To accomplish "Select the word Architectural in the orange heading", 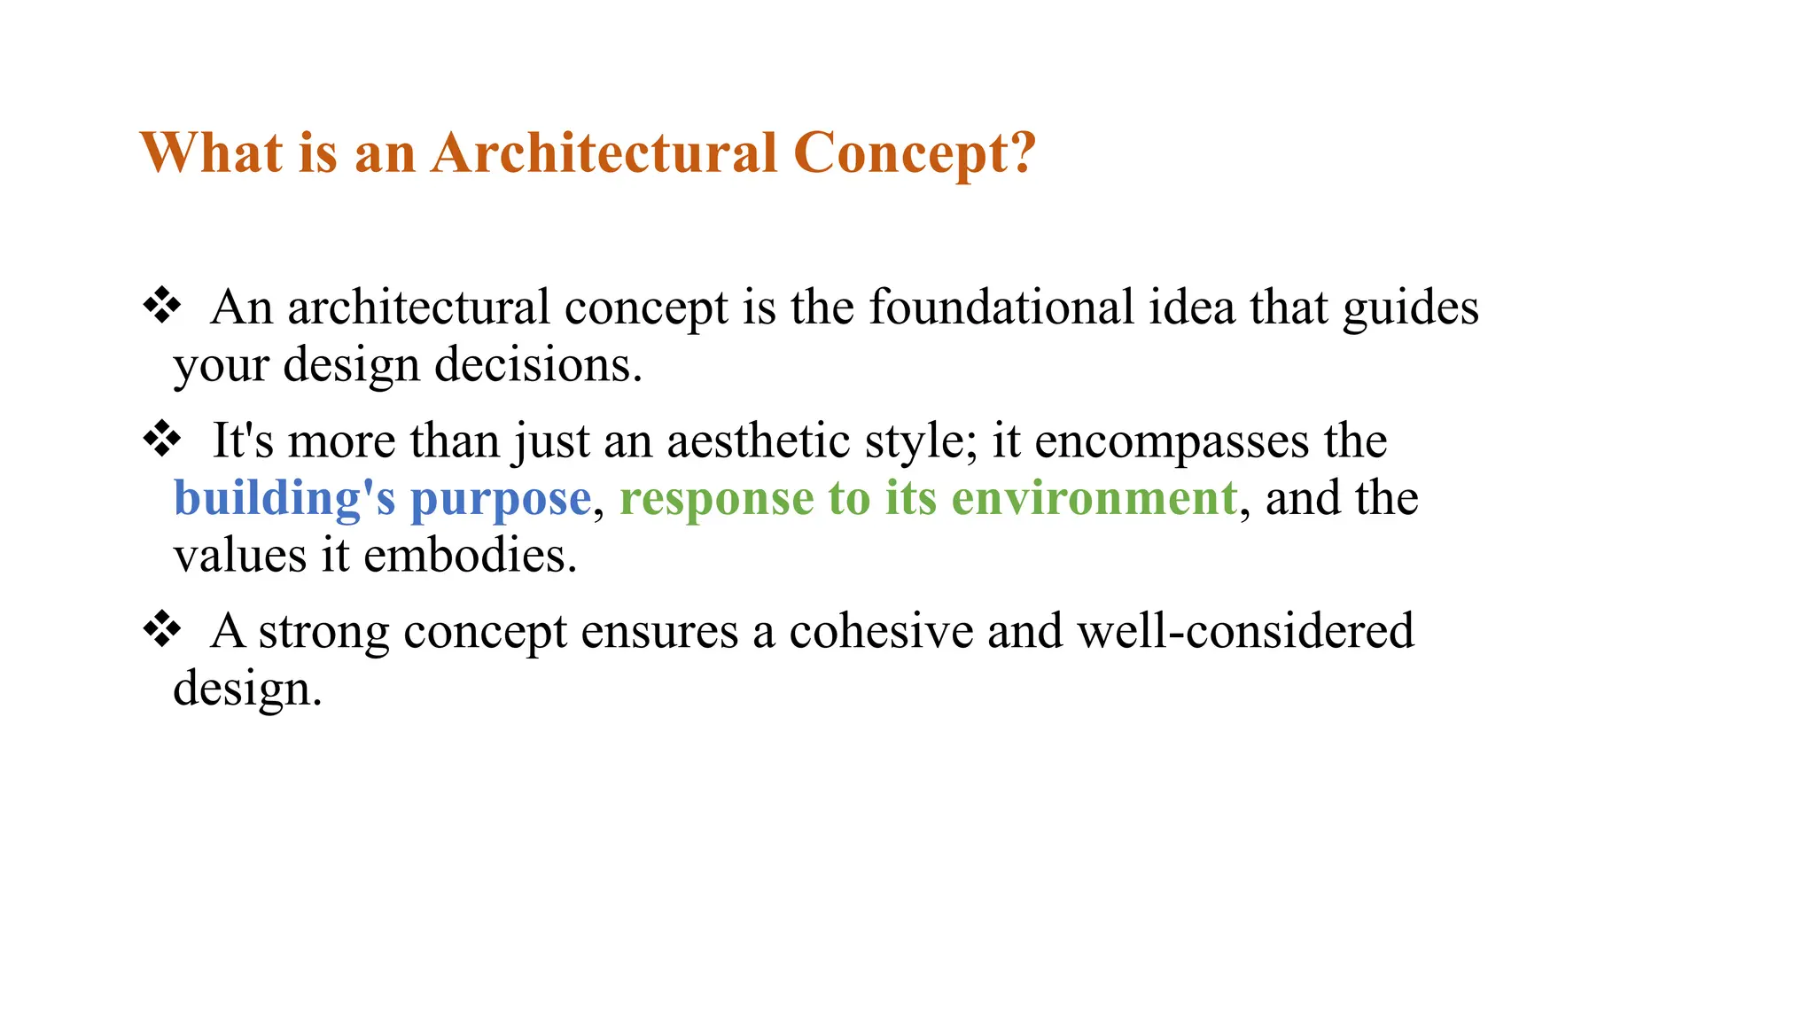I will click(604, 152).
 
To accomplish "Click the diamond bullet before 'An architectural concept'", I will click(162, 307).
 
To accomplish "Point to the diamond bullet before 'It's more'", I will click(162, 440).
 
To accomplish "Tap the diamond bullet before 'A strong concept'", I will click(162, 630).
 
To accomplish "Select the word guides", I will click(1410, 309).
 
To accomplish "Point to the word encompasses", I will click(1172, 442).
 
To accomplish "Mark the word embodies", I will click(470, 556).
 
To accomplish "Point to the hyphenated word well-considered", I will click(1245, 631).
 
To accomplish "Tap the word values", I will click(239, 556).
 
